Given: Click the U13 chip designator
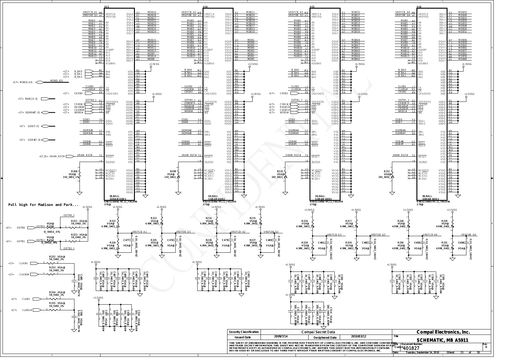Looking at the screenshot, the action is click(107, 7).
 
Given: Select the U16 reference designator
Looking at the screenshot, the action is click(419, 7).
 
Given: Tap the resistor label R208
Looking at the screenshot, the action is click(74, 171).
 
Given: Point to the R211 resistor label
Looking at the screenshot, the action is click(387, 171).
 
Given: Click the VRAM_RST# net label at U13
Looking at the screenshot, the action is click(85, 155).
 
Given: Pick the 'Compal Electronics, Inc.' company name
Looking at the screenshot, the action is click(443, 332).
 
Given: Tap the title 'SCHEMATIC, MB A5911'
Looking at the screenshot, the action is click(442, 340).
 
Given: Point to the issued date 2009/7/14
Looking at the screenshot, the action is click(281, 336).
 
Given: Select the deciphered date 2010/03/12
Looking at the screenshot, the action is click(359, 336).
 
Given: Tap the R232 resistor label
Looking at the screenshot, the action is click(52, 257).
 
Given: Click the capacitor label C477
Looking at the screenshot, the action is click(126, 240).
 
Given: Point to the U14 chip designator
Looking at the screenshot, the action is click(205, 7).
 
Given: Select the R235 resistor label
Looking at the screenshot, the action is click(52, 303).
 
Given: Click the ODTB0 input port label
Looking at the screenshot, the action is click(21, 228).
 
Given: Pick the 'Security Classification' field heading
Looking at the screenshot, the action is click(244, 332).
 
